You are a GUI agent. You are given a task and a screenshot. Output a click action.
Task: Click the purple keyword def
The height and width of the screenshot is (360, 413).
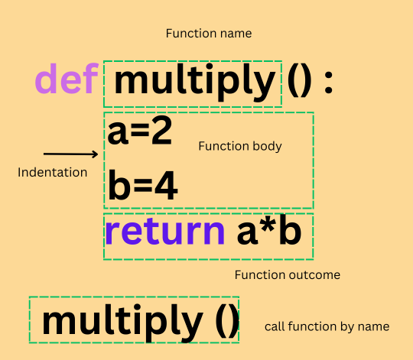point(67,79)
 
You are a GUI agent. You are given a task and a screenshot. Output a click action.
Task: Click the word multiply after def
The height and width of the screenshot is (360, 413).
point(195,82)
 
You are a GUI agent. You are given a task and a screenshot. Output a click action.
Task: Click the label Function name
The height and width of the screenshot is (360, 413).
point(209,34)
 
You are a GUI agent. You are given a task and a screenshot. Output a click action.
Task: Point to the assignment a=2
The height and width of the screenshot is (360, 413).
point(140,131)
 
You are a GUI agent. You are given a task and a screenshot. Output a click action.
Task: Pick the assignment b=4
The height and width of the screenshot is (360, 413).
point(143,185)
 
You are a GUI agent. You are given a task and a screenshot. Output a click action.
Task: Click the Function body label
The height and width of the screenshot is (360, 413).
point(240,146)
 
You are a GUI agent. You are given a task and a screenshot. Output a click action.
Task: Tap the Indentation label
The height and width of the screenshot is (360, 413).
point(53,173)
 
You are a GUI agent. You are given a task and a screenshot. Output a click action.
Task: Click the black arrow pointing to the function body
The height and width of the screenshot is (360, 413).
point(70,154)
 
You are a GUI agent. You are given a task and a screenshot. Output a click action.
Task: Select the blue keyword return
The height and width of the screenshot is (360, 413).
point(165,232)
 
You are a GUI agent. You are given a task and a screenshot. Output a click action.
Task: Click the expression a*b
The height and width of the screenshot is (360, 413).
point(269,229)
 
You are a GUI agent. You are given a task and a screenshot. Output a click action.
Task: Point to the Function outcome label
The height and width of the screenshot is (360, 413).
point(288,275)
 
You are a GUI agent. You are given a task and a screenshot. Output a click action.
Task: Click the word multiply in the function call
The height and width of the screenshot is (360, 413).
point(122,323)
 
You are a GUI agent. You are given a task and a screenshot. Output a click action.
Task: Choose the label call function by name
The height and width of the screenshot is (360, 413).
point(327,327)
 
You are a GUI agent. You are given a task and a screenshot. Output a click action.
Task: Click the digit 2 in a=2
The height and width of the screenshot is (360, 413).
point(161,131)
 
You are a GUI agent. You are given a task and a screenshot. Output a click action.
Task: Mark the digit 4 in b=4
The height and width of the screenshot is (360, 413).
point(166,186)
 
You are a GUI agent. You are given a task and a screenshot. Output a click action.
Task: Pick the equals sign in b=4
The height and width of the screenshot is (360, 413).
point(142,186)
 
